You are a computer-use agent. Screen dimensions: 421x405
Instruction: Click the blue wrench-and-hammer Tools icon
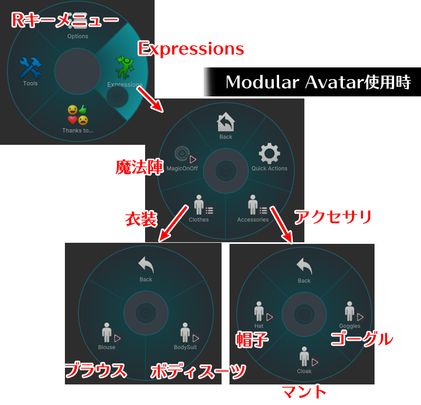coord(31,68)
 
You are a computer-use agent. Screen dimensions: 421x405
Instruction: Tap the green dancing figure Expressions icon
coord(125,67)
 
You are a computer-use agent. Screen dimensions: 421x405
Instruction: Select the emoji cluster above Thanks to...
coord(78,115)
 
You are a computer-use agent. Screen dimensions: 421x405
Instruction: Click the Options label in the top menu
coord(78,36)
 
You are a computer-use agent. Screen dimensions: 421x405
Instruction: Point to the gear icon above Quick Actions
coord(269,153)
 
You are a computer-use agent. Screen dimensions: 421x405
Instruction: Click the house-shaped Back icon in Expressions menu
coord(226,122)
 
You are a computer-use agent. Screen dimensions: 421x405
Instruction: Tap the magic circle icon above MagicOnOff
coord(183,154)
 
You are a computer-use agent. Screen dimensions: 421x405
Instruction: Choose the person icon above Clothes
coord(199,205)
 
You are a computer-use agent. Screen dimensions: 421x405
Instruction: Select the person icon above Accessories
coord(253,205)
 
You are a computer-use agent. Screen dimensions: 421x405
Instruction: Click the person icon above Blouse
coord(107,332)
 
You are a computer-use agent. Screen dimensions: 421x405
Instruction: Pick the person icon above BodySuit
coord(185,332)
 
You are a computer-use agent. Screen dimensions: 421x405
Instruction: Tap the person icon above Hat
coord(259,311)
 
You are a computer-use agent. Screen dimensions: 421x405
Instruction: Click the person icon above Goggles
coord(350,311)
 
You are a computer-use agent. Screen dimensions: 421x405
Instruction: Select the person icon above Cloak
coord(304,357)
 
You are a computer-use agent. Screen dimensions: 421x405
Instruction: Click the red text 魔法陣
coord(139,167)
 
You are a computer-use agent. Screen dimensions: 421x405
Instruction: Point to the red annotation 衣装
coord(141,219)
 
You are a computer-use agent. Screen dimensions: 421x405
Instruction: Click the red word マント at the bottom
coord(304,392)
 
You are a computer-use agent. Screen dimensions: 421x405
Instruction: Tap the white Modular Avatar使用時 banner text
coord(318,82)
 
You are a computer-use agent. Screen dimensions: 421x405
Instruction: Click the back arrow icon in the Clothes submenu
coord(146,265)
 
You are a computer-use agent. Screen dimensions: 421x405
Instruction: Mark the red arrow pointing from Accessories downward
coord(281,225)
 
